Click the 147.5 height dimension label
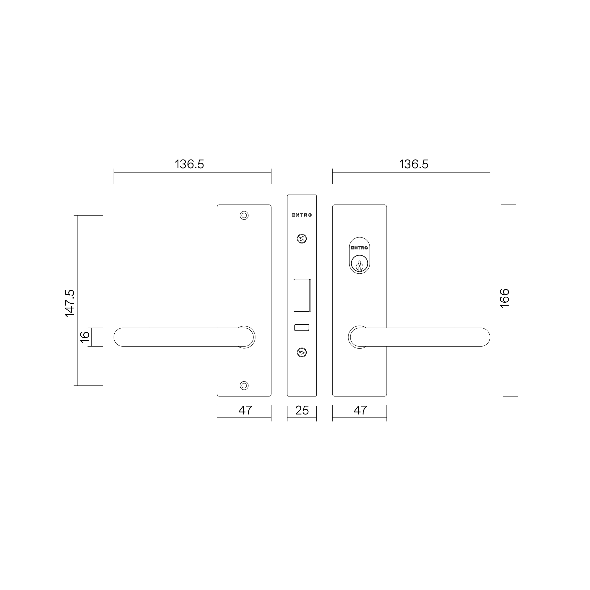click(70, 304)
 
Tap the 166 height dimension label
click(505, 298)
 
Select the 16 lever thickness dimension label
click(85, 337)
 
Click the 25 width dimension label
click(302, 410)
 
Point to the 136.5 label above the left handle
click(189, 164)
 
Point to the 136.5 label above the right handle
click(414, 164)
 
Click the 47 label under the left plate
click(245, 410)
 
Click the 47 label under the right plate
click(360, 410)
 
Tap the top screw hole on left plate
click(244, 215)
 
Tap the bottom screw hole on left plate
click(244, 386)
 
